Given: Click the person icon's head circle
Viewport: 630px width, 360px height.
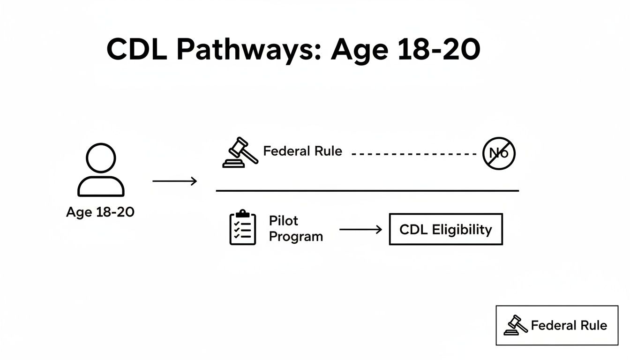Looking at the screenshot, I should pos(101,158).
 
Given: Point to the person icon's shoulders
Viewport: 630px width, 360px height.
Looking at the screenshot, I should pos(101,187).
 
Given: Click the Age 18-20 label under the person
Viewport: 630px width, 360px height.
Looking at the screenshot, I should pos(100,212).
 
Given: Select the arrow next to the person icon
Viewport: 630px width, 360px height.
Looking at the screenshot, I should pos(174,181).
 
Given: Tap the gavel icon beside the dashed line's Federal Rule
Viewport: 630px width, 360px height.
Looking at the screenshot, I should pos(240,152).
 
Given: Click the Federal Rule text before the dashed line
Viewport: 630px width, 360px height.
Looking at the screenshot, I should pos(302,151).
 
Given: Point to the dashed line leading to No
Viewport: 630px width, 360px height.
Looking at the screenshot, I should pos(413,153).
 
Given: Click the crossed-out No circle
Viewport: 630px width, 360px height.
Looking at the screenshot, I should pos(499,153).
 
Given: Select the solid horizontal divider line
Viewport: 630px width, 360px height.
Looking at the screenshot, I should pos(367,191).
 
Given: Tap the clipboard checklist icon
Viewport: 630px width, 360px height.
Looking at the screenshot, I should pos(243,228).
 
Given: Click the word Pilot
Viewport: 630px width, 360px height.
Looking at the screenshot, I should pos(284,221).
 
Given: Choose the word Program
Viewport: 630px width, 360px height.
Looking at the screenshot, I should pos(296,236).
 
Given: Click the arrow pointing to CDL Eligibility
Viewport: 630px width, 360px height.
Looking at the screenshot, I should pos(360,230).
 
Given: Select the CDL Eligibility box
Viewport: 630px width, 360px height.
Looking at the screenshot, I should pos(445,230).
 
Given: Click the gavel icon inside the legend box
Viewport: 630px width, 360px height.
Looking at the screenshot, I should pos(516,325).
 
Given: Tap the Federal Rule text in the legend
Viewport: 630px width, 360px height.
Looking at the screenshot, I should pos(569,325).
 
